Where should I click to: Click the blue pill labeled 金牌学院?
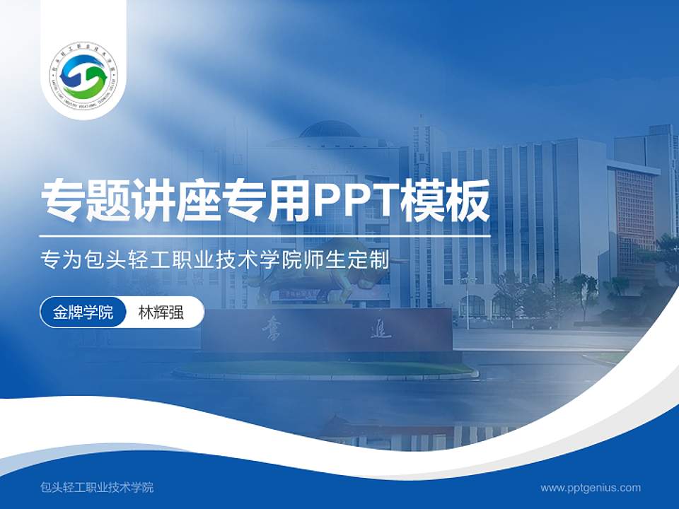(x=83, y=312)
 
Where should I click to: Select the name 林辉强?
(x=161, y=312)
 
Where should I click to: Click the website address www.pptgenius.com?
(x=591, y=487)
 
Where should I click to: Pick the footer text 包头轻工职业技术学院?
(x=98, y=487)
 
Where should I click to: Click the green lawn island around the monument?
(x=325, y=369)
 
